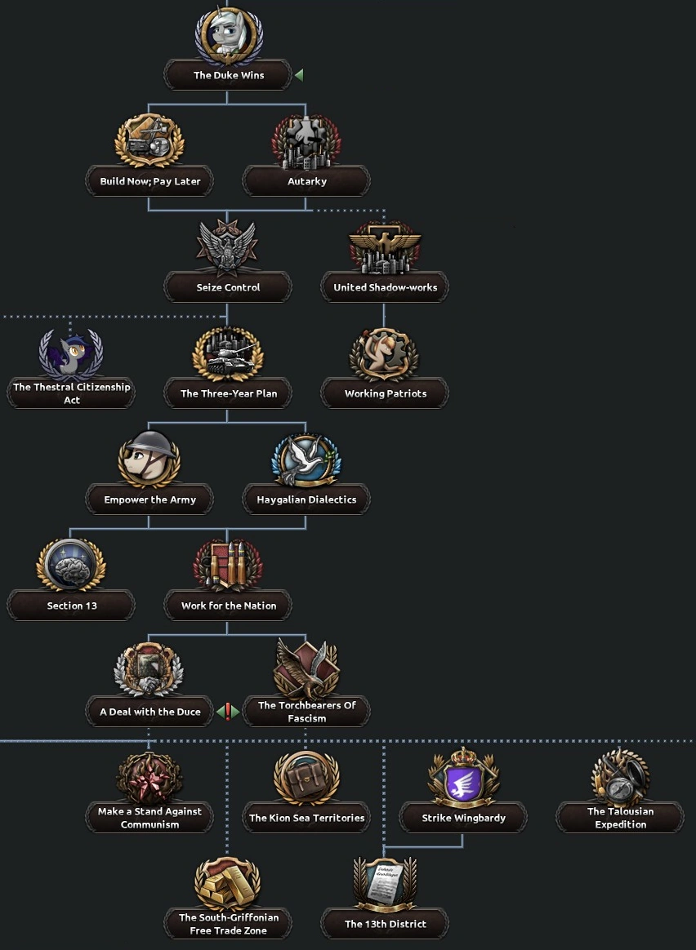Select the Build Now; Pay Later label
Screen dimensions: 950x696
150,181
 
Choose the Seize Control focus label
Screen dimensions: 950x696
228,287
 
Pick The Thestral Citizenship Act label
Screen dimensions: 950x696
72,393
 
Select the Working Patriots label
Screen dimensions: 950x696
385,393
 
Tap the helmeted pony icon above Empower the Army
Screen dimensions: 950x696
149,460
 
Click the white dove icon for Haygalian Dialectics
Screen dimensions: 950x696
306,460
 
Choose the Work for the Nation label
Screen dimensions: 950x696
228,606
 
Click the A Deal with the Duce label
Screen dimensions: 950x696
150,712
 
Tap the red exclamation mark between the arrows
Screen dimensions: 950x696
228,712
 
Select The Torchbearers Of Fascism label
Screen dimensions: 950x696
306,712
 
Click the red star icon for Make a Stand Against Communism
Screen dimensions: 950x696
149,778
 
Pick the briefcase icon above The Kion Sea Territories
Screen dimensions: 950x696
306,778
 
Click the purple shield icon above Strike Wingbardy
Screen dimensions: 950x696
463,778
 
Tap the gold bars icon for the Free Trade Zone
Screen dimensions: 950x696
228,884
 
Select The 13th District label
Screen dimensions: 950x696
385,924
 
